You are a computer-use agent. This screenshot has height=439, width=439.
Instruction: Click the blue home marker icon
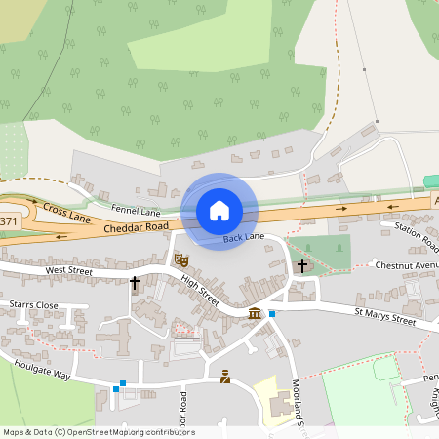coord(219,210)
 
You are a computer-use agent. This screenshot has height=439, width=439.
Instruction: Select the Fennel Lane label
coord(136,211)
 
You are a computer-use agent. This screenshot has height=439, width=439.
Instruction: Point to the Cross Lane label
coord(66,212)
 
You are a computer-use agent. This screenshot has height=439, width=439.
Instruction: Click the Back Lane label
coord(243,238)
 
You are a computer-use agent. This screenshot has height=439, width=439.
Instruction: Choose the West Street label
coord(68,269)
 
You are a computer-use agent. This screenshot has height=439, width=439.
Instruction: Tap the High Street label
coord(200,290)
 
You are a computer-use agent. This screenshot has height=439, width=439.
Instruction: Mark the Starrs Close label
coord(34,305)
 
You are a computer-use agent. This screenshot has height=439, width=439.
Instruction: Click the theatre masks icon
coord(180,259)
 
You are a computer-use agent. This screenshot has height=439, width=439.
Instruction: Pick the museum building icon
coord(255,313)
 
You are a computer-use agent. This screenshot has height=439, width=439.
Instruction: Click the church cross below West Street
coord(135,283)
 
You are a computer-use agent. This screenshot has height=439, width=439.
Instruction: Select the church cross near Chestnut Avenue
coord(302,265)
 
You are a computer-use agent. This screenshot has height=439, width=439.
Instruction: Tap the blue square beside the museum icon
coord(272,314)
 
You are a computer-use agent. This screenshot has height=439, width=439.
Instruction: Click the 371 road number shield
coord(8,222)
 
